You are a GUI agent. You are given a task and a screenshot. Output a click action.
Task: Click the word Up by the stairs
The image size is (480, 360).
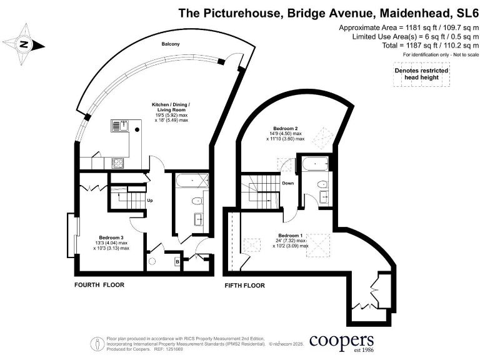coord(150,201)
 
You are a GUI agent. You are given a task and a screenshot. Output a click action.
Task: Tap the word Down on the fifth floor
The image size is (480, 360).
coord(288,184)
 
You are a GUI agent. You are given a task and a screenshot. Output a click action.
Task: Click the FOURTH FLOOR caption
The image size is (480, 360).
coord(99,285)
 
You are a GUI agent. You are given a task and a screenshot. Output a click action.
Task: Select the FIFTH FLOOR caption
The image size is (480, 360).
coord(244,286)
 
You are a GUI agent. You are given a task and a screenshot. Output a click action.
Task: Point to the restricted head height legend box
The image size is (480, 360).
coord(422,74)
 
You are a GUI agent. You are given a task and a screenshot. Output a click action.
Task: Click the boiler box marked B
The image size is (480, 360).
coord(177,262)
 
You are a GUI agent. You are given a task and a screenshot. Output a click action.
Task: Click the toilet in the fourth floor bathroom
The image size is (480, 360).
coord(196,201)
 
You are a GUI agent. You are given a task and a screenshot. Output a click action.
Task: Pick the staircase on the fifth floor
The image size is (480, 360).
coord(261,187)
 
